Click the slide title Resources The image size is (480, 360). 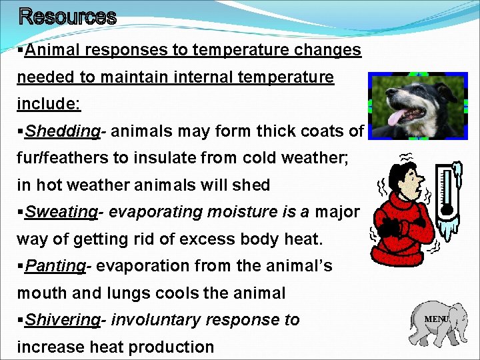click(67, 16)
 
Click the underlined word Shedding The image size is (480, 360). click(62, 131)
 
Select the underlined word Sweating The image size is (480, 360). click(61, 212)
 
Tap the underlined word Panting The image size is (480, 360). click(55, 266)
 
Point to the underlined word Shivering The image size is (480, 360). click(62, 320)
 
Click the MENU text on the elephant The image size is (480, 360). click(437, 319)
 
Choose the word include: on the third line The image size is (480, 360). click(39, 104)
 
